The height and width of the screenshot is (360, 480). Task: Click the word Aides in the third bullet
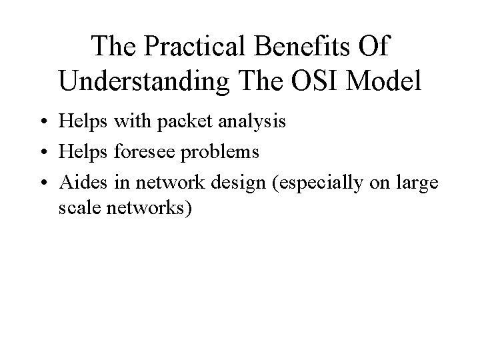pyautogui.click(x=79, y=181)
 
